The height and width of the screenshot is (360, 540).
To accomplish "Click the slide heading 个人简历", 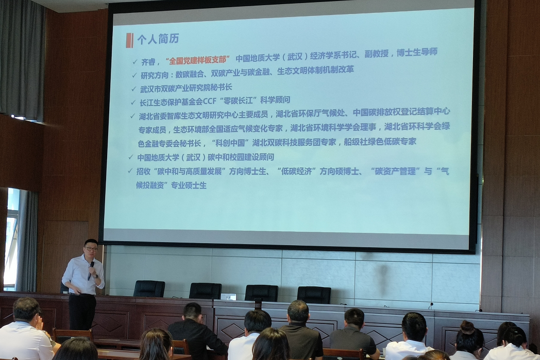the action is click(x=158, y=39).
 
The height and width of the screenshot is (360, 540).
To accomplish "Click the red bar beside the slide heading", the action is click(x=129, y=40).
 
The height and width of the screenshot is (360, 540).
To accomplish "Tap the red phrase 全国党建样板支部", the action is click(x=198, y=60).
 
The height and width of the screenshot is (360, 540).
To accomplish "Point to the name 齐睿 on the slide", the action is click(x=148, y=62).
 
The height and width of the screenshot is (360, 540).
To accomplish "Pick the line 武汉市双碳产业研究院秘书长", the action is click(x=186, y=88).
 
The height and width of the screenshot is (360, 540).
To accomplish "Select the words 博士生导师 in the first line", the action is click(x=417, y=53).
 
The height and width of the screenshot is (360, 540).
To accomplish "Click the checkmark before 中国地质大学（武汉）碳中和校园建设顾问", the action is click(x=131, y=157).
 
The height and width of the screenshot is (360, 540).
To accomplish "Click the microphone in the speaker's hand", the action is click(x=91, y=270).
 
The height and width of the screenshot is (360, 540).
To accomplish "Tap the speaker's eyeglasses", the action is click(x=92, y=248).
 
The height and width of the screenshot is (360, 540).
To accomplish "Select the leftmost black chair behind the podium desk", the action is click(x=149, y=288).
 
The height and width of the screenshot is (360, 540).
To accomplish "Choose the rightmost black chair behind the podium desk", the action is click(x=314, y=295).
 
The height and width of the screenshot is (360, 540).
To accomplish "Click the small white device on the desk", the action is click(x=228, y=297).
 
